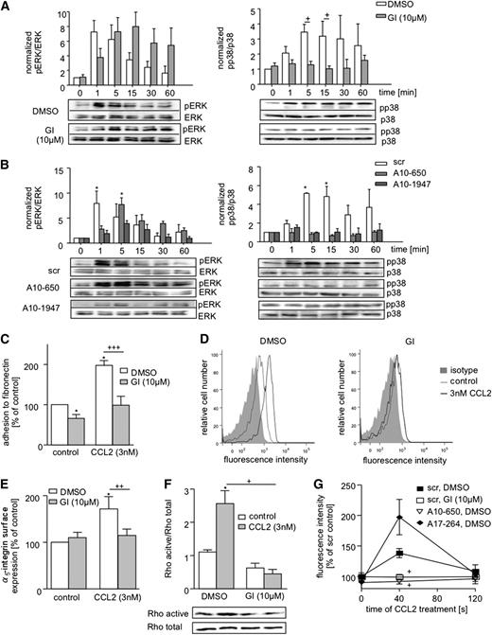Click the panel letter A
click(8, 9)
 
